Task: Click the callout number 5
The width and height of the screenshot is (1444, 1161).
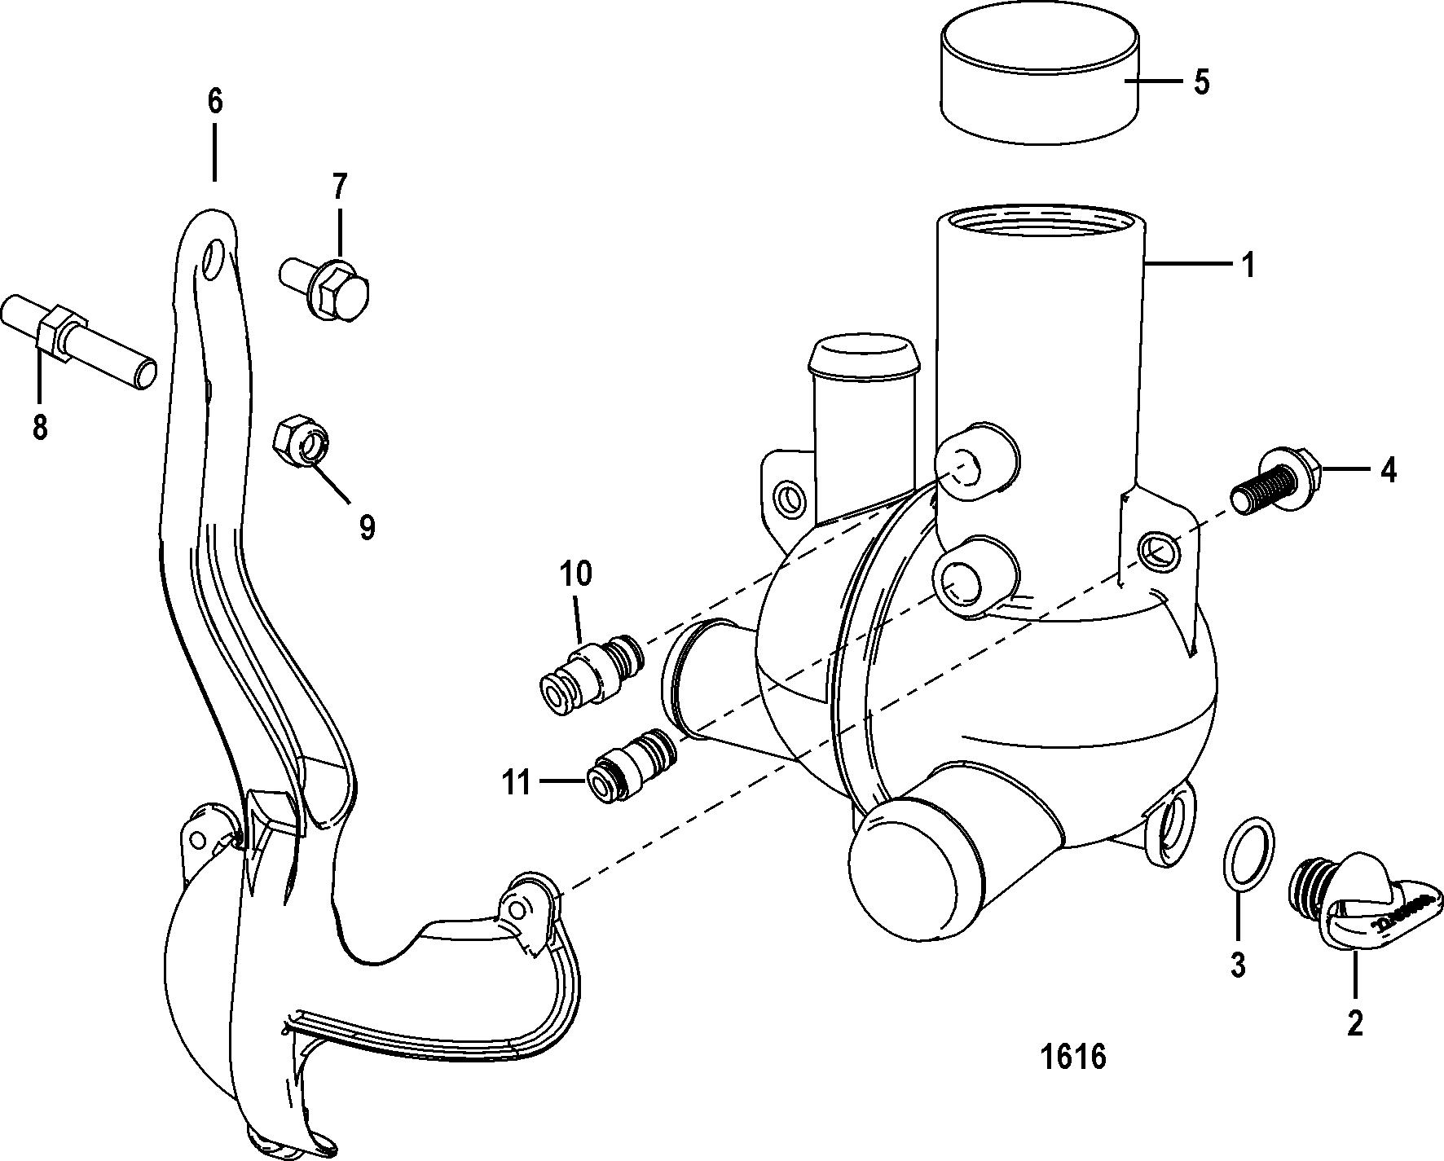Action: pos(1201,82)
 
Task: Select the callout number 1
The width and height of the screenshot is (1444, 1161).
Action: pos(1248,265)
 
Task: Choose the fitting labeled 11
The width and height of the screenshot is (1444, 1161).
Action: pos(630,765)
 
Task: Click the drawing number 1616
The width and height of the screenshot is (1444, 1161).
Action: pos(1073,1057)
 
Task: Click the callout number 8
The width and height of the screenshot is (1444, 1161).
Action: pos(40,426)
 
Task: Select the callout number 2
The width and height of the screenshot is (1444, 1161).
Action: pos(1354,1023)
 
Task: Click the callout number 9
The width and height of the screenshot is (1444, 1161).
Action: pos(367,527)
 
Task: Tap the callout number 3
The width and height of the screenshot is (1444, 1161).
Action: pos(1237,965)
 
